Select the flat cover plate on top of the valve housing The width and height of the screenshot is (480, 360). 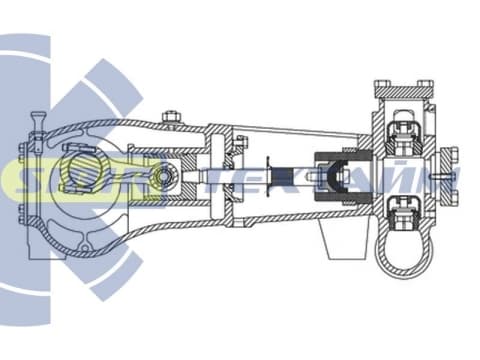tap(404, 90)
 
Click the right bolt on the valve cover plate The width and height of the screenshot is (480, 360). tap(426, 83)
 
